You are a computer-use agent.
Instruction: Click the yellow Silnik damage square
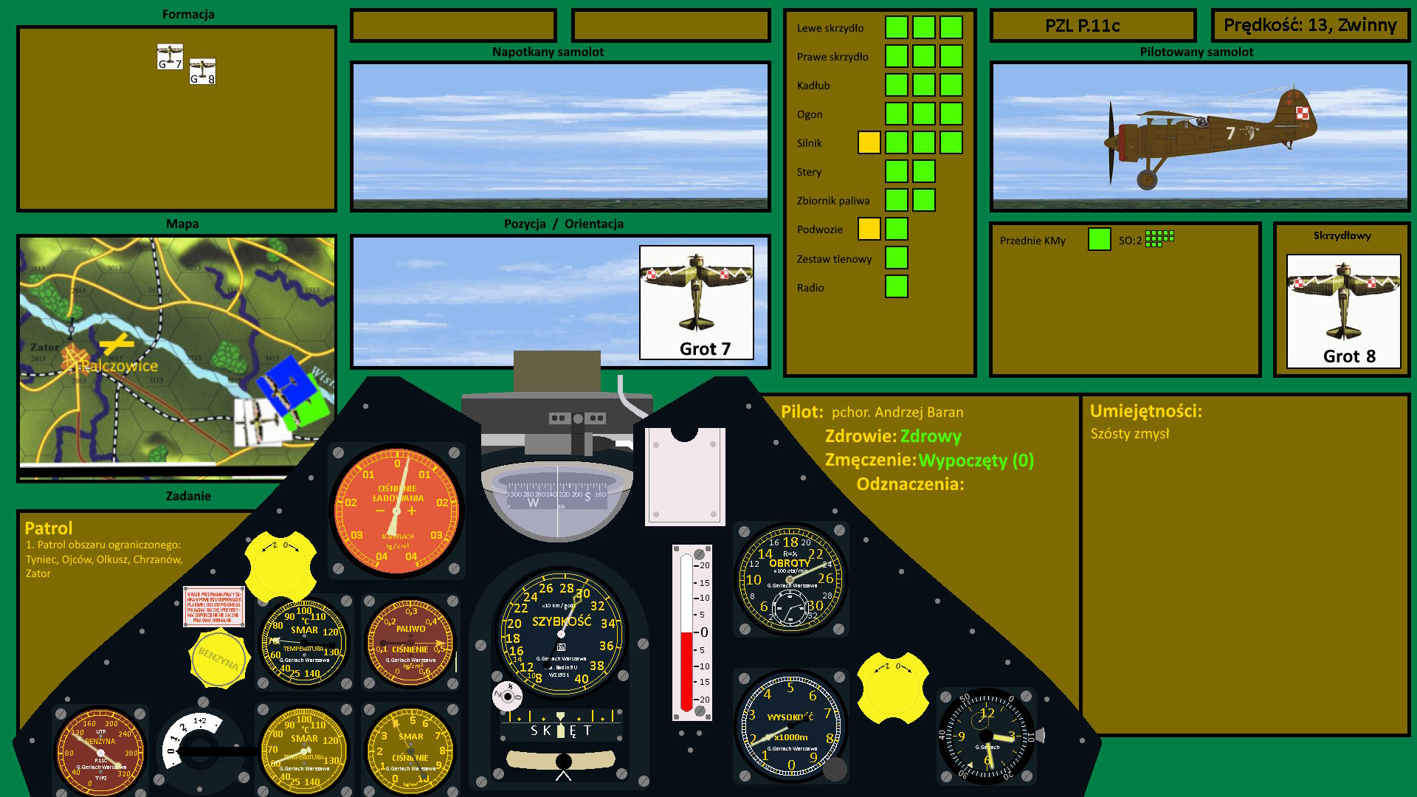tap(869, 142)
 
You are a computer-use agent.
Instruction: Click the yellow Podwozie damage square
tap(869, 229)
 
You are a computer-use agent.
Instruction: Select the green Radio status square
tap(896, 286)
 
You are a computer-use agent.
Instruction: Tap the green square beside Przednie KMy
tap(1099, 239)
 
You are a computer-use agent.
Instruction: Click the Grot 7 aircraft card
tap(696, 303)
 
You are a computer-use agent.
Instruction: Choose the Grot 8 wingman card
tap(1343, 311)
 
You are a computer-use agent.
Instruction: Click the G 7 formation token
tap(170, 57)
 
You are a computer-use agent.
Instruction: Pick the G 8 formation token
tap(202, 72)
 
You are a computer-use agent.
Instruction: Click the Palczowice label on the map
tap(120, 366)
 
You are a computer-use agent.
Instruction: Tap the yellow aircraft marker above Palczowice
tap(117, 343)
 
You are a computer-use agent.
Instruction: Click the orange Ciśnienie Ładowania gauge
tap(396, 511)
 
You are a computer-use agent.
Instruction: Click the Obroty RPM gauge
tap(790, 579)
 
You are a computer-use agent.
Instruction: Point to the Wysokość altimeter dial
tap(790, 726)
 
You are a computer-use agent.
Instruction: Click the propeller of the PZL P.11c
tap(1111, 142)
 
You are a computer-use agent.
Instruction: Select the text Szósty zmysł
tap(1130, 434)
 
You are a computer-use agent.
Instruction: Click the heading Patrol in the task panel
tap(49, 528)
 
